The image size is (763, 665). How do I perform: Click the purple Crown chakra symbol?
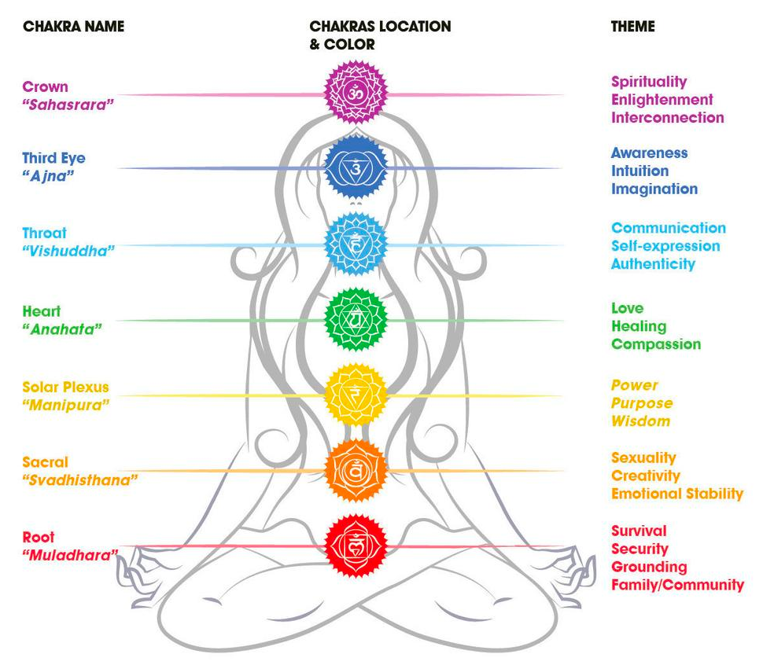(357, 93)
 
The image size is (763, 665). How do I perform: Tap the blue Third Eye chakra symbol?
(356, 167)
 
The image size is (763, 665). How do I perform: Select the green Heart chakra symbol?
(356, 318)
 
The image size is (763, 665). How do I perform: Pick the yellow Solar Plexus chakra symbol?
(356, 394)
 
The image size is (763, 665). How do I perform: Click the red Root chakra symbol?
(356, 545)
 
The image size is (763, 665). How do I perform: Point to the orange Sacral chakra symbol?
(356, 470)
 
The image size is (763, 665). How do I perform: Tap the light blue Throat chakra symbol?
(356, 243)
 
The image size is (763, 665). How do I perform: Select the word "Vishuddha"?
(69, 251)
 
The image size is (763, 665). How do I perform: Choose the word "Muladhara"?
(70, 556)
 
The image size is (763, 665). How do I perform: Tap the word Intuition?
(640, 171)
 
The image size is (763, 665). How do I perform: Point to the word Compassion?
(656, 344)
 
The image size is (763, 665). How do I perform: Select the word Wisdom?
(640, 421)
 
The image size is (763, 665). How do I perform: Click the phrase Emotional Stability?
(677, 494)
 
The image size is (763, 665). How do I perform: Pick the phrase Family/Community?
(677, 584)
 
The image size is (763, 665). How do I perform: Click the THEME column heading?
(633, 26)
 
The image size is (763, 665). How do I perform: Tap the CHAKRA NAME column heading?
(73, 26)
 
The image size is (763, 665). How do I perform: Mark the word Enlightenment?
(662, 99)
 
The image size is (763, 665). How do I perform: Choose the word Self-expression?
(665, 245)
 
